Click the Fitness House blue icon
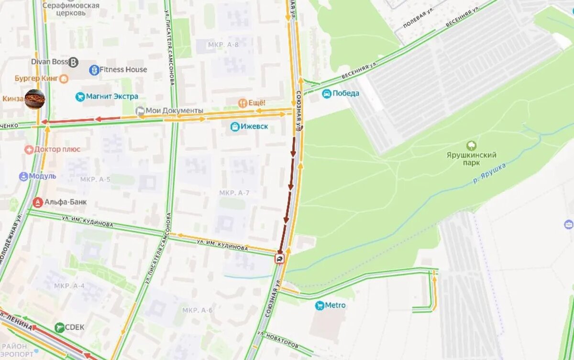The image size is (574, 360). pyautogui.click(x=94, y=70)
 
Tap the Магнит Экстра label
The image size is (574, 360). pyautogui.click(x=112, y=97)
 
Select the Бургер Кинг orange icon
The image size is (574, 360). pyautogui.click(x=63, y=79)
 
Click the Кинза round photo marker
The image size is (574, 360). pyautogui.click(x=35, y=99)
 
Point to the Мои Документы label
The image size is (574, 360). pyautogui.click(x=174, y=111)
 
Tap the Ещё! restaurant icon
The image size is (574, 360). pyautogui.click(x=243, y=103)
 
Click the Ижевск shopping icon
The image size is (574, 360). pyautogui.click(x=235, y=127)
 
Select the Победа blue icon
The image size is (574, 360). pyautogui.click(x=327, y=94)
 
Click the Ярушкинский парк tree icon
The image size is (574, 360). pyautogui.click(x=471, y=145)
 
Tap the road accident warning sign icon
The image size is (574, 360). pyautogui.click(x=279, y=259)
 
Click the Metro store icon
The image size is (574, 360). pyautogui.click(x=320, y=305)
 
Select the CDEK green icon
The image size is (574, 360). pyautogui.click(x=60, y=327)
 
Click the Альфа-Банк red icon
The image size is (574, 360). pyautogui.click(x=37, y=202)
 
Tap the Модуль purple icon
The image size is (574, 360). pyautogui.click(x=23, y=177)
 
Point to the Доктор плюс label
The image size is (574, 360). pyautogui.click(x=57, y=149)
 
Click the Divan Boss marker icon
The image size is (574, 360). pyautogui.click(x=74, y=62)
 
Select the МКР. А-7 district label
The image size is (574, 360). pyautogui.click(x=234, y=193)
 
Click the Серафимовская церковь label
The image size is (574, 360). pyautogui.click(x=71, y=9)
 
